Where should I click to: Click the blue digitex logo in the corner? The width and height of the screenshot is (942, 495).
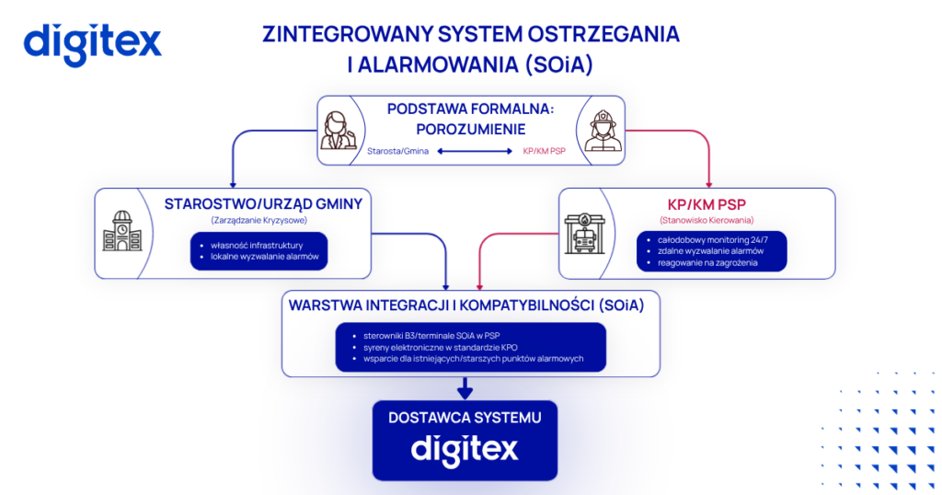(x=93, y=44)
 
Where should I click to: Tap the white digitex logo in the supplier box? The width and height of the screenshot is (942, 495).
(x=465, y=449)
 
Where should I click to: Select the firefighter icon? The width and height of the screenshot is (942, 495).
(x=602, y=130)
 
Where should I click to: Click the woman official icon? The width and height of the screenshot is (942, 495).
(x=339, y=131)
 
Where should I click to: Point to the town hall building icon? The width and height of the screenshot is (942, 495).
(x=122, y=231)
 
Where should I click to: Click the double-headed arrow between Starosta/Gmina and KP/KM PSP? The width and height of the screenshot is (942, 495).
(x=475, y=152)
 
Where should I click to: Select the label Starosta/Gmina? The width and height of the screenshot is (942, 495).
(x=397, y=152)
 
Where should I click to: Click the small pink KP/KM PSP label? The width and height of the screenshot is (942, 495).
(x=545, y=152)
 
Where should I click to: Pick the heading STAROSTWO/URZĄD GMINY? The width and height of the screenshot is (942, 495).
(x=264, y=204)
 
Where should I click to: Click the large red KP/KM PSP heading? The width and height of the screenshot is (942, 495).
(x=706, y=205)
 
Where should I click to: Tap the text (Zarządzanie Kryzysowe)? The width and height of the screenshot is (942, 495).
(x=258, y=221)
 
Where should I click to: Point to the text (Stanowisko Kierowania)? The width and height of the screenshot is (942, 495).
(x=706, y=221)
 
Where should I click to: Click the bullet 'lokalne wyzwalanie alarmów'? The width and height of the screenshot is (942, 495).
(x=264, y=257)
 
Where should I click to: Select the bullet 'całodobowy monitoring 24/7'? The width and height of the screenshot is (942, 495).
(x=713, y=240)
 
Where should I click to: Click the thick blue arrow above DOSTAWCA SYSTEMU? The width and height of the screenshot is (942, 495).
(x=465, y=388)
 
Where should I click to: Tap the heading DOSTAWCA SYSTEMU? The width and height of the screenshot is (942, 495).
(x=465, y=418)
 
